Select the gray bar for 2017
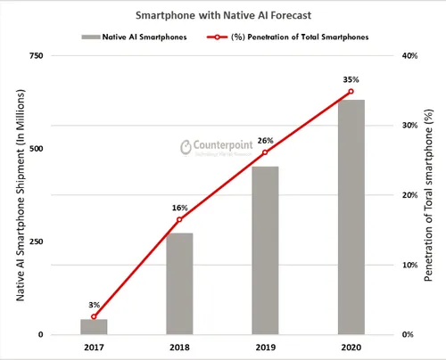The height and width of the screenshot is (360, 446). click(x=94, y=326)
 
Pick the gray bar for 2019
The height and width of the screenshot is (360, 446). click(x=265, y=250)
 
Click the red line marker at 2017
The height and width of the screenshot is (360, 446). click(x=94, y=316)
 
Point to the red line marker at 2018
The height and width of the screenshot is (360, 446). click(x=179, y=220)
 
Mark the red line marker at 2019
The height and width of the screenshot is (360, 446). click(x=265, y=152)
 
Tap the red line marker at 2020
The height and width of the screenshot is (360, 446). click(x=351, y=91)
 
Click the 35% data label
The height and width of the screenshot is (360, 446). click(x=351, y=78)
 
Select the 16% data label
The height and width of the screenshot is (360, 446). click(x=179, y=208)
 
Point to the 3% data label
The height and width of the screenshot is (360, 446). click(x=94, y=305)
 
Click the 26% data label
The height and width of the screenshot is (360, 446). click(x=265, y=140)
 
